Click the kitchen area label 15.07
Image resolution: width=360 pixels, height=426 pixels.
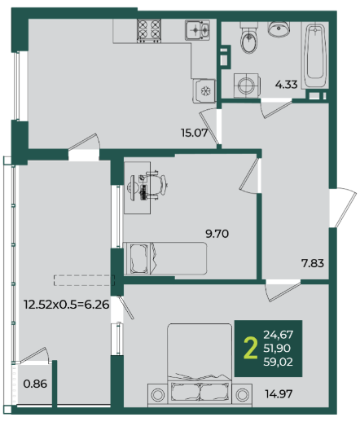[x=195, y=133]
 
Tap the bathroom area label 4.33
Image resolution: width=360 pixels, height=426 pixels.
[x=286, y=85]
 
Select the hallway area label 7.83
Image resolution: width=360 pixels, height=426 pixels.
[x=313, y=263]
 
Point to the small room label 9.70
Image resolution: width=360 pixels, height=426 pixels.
[x=217, y=234]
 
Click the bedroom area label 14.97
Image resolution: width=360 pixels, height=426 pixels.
[x=279, y=393]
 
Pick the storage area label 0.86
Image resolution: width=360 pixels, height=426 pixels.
[x=35, y=384]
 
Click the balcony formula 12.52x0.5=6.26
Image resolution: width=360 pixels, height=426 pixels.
[x=67, y=305]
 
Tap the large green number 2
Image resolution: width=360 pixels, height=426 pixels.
[x=251, y=348]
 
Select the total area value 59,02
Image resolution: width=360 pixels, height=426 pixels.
[x=279, y=362]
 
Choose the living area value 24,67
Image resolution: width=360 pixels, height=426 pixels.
[x=279, y=335]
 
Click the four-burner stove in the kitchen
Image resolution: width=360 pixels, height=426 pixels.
[x=149, y=31]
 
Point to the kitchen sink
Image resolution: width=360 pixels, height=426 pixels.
[x=198, y=30]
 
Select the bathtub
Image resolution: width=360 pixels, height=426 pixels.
[x=315, y=55]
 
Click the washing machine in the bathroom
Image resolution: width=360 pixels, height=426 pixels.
[x=247, y=86]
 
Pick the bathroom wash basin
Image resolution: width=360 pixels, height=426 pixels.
[x=279, y=29]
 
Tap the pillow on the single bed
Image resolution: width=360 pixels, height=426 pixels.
[x=139, y=259]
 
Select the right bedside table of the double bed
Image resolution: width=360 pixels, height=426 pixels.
[x=243, y=395]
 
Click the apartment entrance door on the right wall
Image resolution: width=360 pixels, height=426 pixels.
[x=342, y=208]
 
